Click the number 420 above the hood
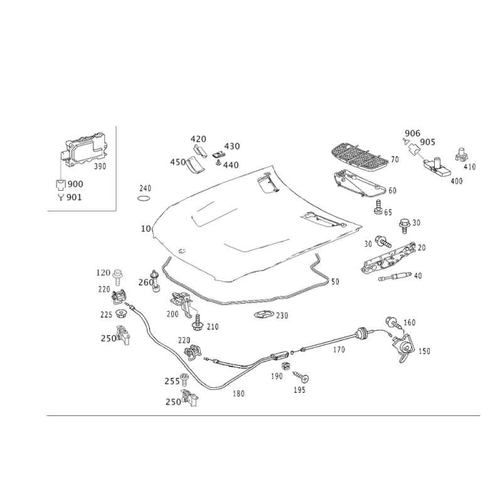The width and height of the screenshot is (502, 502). (x=198, y=138)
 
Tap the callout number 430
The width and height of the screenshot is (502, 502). (x=232, y=146)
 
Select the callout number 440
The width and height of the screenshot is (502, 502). (x=231, y=164)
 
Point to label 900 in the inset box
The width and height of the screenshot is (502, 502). (x=75, y=183)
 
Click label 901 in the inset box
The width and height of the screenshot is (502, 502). (x=73, y=196)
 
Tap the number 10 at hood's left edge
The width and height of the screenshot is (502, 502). (x=145, y=230)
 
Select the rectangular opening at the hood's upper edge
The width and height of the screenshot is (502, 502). (x=268, y=182)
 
